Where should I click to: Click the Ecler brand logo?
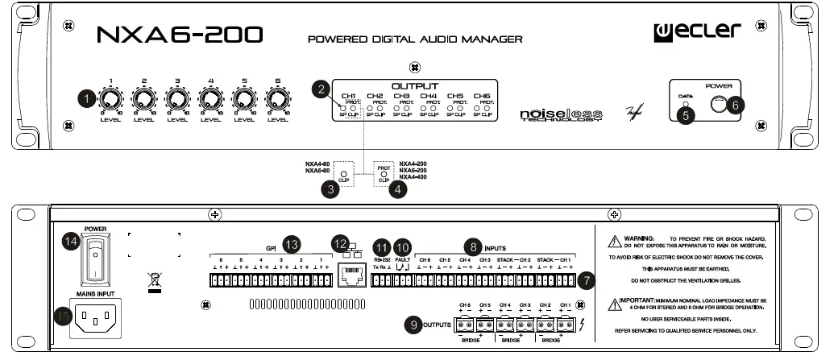pos(696,31)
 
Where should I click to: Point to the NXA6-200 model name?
pos(180,34)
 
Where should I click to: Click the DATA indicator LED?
pos(686,103)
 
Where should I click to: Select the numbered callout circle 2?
pos(322,90)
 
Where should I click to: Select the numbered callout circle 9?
pos(415,325)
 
